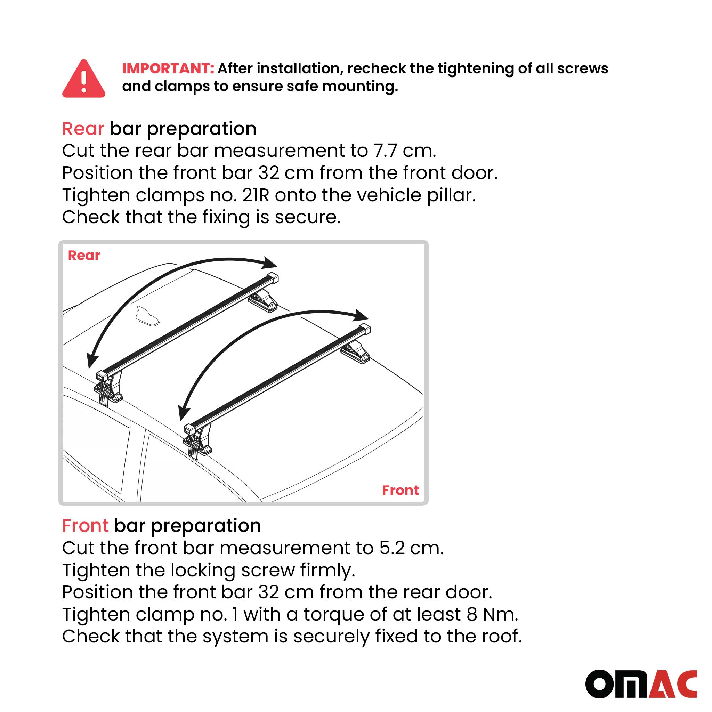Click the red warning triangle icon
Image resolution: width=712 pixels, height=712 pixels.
[84, 80]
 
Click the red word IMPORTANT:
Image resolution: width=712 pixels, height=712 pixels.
[168, 68]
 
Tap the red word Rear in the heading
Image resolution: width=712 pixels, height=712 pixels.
[83, 129]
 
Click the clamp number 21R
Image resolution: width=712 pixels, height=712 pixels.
[256, 195]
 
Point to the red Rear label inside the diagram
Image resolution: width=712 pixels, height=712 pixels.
[84, 256]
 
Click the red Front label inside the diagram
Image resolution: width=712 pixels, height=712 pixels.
[400, 490]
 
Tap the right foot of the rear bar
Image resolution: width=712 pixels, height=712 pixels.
[263, 300]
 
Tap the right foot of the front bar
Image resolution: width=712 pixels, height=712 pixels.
[355, 352]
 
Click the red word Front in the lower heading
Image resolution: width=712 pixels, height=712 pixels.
[85, 526]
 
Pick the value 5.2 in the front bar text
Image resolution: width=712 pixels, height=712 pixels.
[393, 548]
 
